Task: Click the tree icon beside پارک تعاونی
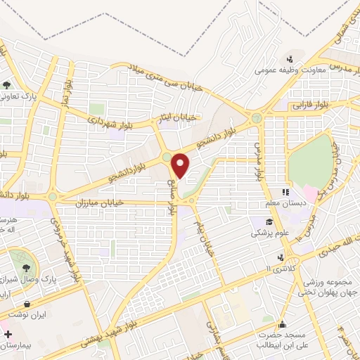(x=7, y=84)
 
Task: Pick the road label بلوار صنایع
(x=171, y=194)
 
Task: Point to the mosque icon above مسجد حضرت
(x=282, y=325)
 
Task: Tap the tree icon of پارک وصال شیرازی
(x=27, y=267)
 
